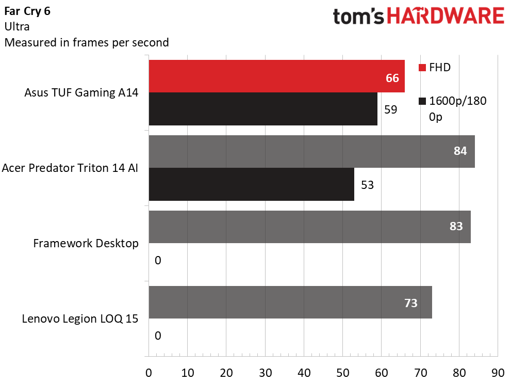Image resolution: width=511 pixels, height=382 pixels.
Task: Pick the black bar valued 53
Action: (x=252, y=184)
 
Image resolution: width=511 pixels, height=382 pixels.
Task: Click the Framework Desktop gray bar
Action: (x=309, y=227)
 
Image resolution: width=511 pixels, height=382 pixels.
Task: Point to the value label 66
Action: (x=392, y=78)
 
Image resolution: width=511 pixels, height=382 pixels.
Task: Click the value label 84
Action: (x=460, y=151)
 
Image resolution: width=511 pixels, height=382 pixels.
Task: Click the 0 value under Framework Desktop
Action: (x=158, y=260)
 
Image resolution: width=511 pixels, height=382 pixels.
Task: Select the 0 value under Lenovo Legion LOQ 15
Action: (x=158, y=336)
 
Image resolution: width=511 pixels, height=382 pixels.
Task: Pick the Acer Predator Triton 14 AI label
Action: (x=70, y=168)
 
